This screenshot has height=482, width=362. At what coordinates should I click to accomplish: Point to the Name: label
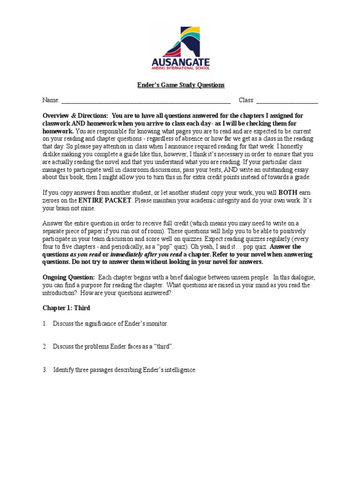tap(51, 100)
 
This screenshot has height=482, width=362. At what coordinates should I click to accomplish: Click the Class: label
tap(247, 100)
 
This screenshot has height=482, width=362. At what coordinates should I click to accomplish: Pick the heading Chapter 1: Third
tap(66, 308)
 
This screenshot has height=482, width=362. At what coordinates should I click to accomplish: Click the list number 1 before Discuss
tap(44, 323)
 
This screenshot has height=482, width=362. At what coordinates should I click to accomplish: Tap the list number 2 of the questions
tap(44, 346)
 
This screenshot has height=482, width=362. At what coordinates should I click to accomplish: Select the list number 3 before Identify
tap(44, 370)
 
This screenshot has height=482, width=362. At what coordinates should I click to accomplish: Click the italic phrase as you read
tap(84, 254)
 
